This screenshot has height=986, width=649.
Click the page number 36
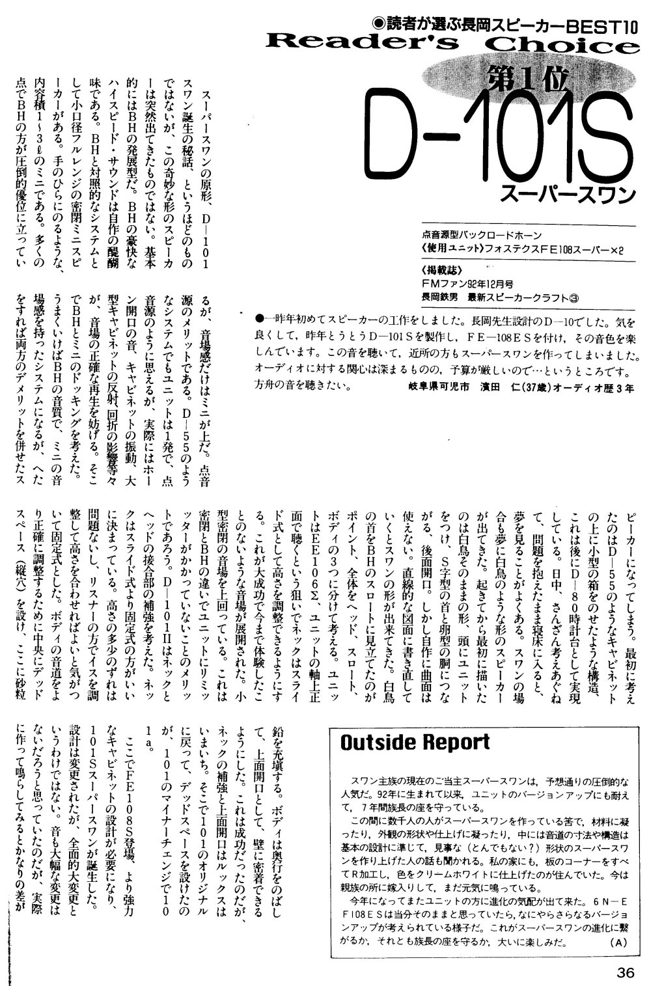tap(626, 974)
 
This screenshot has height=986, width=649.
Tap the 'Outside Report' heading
tap(415, 743)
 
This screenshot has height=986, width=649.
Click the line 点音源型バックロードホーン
tap(482, 234)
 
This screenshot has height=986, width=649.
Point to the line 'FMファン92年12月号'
tap(467, 284)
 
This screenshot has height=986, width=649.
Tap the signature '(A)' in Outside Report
tap(617, 942)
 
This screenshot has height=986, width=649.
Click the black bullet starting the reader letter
tap(259, 320)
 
